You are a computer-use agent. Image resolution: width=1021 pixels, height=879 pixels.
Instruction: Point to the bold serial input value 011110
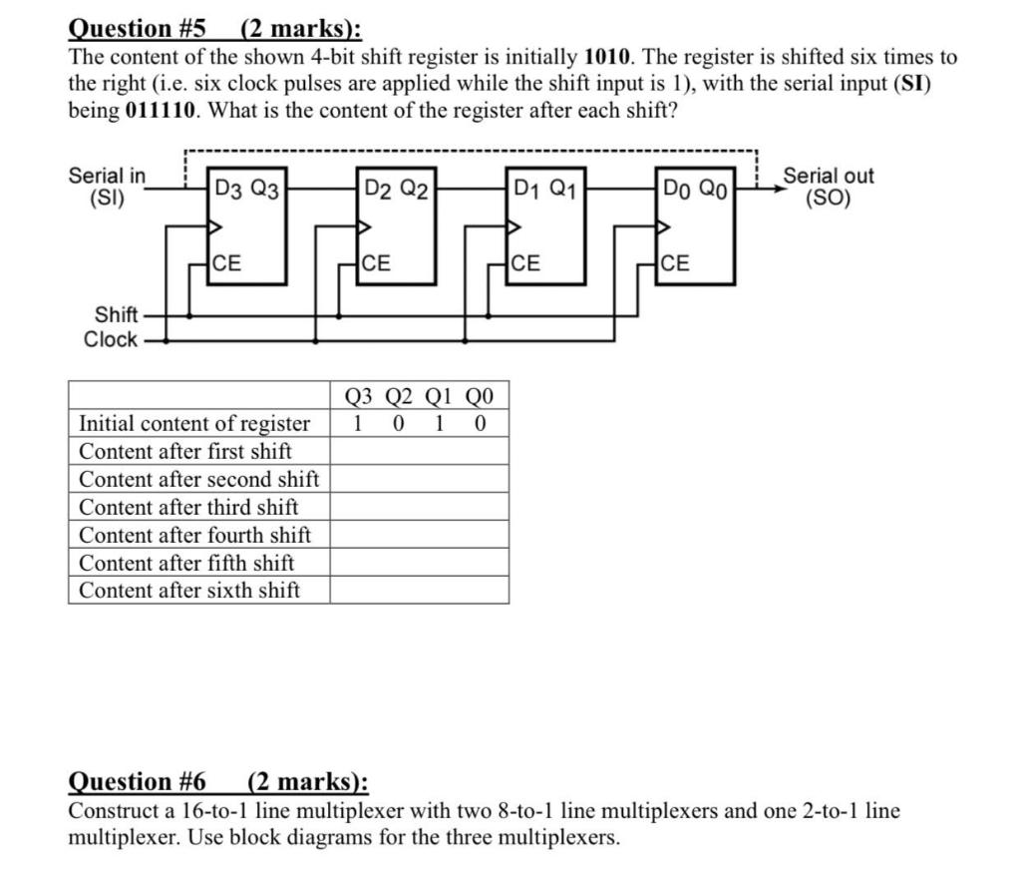tap(165, 111)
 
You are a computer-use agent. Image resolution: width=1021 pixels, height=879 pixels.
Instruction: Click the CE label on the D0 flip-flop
tap(675, 264)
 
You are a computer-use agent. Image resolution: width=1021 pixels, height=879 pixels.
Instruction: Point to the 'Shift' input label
tap(116, 314)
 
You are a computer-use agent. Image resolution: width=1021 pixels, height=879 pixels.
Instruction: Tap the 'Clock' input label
tap(111, 339)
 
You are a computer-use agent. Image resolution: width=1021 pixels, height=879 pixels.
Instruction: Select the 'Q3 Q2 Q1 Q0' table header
tap(419, 395)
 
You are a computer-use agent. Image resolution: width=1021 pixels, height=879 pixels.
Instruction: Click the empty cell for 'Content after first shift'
tap(419, 451)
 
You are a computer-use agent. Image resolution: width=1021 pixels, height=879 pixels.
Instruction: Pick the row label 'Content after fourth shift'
tap(194, 535)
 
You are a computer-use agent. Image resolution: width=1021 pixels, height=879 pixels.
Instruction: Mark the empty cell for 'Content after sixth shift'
tap(419, 590)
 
